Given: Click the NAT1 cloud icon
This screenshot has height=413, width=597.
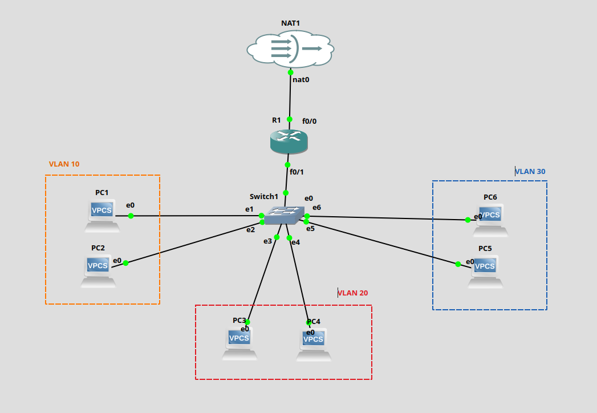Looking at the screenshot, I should pyautogui.click(x=291, y=50).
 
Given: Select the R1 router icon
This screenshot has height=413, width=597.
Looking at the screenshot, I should pyautogui.click(x=289, y=141).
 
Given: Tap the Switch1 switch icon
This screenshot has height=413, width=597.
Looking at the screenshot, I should pyautogui.click(x=285, y=215).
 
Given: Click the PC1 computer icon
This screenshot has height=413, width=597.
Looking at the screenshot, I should pyautogui.click(x=102, y=216).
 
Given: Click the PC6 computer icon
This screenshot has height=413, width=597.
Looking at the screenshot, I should pyautogui.click(x=491, y=220).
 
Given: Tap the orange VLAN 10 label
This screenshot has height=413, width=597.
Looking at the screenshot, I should pyautogui.click(x=64, y=164).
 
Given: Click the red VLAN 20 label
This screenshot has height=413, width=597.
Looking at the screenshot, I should pyautogui.click(x=354, y=293).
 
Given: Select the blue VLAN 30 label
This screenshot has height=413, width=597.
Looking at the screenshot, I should pyautogui.click(x=531, y=171).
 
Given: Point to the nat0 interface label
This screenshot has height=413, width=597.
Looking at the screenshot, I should pyautogui.click(x=300, y=80).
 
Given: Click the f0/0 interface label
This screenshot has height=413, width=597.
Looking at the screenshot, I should pyautogui.click(x=309, y=121).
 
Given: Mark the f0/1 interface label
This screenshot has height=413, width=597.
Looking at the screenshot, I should pyautogui.click(x=297, y=172).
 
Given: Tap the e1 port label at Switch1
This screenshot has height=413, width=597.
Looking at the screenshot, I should pyautogui.click(x=249, y=209).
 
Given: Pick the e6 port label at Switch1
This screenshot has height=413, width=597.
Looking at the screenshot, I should pyautogui.click(x=316, y=208).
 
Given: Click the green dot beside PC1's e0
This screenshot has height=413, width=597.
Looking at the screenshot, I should pyautogui.click(x=131, y=216).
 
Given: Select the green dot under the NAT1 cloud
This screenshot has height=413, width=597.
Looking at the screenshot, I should pyautogui.click(x=291, y=72).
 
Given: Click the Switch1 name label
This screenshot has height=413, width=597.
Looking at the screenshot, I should pyautogui.click(x=263, y=197).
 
